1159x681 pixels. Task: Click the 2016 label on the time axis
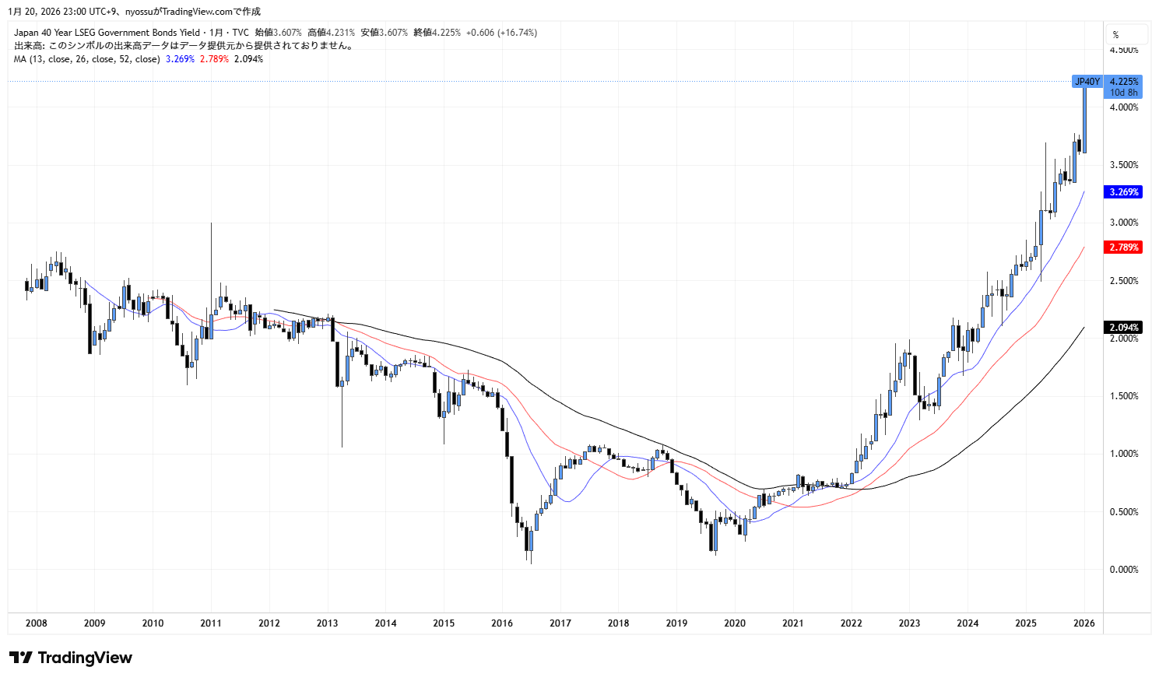(x=502, y=623)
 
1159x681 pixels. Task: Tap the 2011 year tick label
(x=211, y=623)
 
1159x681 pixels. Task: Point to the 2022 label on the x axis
(x=851, y=623)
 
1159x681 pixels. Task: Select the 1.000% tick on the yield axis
(x=1123, y=454)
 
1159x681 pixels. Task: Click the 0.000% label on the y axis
(x=1123, y=570)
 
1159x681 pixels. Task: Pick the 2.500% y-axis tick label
(x=1123, y=281)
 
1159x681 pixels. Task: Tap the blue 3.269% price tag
(x=1123, y=191)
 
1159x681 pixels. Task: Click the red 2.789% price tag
(x=1123, y=247)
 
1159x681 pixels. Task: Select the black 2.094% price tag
(x=1123, y=328)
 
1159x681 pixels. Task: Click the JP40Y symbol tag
(x=1087, y=82)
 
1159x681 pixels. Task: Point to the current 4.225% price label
(x=1123, y=82)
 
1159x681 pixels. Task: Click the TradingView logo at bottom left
(x=71, y=658)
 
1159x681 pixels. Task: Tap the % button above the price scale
(x=1116, y=34)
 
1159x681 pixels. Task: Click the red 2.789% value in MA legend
(x=214, y=59)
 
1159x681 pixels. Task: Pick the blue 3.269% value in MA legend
(x=180, y=59)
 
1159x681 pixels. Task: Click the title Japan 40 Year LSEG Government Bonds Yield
(x=107, y=33)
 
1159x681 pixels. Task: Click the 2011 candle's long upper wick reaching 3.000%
(x=211, y=257)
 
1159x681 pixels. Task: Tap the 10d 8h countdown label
(x=1123, y=93)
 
